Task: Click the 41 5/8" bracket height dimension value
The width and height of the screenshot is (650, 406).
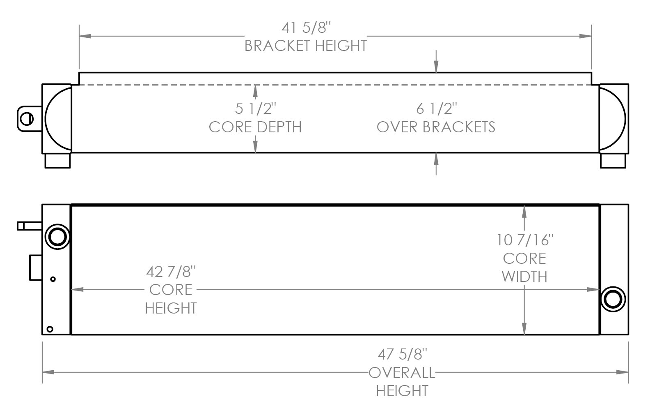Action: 306,28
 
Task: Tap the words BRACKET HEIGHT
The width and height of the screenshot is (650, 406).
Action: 306,46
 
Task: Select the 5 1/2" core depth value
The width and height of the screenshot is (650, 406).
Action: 255,109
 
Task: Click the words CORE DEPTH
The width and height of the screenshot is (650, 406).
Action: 255,127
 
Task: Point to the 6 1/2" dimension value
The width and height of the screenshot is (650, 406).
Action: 436,109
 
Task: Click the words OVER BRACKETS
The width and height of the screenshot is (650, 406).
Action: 436,127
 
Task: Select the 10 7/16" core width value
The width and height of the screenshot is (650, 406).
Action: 525,240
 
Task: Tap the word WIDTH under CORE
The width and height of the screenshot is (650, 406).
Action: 525,277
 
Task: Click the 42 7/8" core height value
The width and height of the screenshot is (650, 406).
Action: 171,272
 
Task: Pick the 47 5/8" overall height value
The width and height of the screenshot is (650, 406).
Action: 402,354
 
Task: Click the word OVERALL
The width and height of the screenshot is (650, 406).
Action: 402,373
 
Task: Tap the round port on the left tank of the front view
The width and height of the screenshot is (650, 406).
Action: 57,236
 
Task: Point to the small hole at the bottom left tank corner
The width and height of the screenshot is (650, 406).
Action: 50,329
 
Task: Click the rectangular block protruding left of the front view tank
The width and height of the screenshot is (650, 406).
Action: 36,268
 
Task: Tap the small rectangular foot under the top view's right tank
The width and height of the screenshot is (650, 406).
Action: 613,160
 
